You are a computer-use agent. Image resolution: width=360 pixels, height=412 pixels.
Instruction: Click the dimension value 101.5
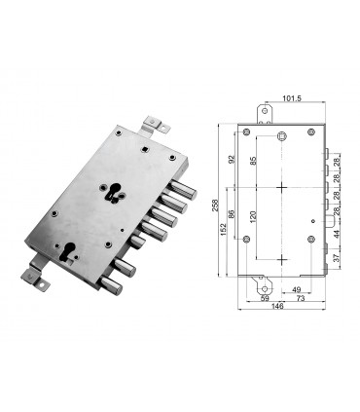point(282,98)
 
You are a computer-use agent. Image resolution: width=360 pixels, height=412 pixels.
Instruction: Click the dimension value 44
point(337,234)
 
